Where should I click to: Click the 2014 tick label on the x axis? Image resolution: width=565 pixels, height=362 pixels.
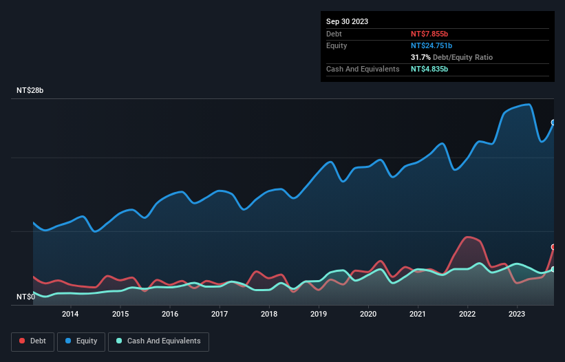[70, 315]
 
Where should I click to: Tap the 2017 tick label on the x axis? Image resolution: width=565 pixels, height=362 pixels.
[220, 315]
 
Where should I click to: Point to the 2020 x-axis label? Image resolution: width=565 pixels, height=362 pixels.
[368, 315]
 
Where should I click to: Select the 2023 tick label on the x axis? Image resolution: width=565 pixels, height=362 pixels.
[517, 315]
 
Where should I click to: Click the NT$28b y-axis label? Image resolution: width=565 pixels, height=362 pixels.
[30, 91]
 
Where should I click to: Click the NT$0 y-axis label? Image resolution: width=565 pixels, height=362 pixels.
[25, 297]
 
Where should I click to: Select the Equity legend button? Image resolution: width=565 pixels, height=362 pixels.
[81, 341]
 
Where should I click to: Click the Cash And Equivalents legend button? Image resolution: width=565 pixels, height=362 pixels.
[158, 341]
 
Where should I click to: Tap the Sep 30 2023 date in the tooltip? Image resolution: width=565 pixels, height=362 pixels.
[348, 21]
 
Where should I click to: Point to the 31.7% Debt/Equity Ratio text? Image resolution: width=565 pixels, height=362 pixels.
[451, 57]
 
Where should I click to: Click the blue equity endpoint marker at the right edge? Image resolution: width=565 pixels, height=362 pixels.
[553, 123]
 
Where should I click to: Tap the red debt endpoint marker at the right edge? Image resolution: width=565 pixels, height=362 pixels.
[553, 246]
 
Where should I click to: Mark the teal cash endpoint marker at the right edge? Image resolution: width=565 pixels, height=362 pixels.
[553, 269]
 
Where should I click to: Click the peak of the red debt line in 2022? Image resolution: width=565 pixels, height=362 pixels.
[469, 237]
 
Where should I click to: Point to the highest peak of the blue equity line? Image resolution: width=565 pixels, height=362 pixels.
[528, 105]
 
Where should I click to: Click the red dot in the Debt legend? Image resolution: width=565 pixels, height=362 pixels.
[23, 341]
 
